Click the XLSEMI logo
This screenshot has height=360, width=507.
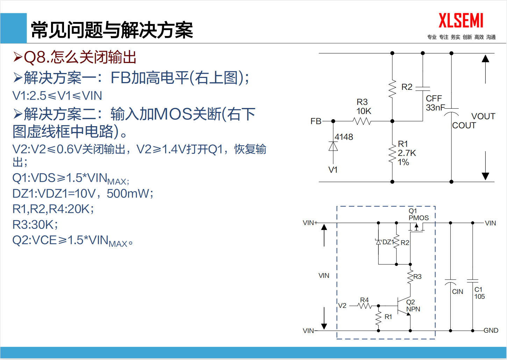(461, 21)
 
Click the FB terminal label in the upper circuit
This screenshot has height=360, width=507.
(316, 121)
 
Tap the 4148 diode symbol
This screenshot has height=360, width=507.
(333, 146)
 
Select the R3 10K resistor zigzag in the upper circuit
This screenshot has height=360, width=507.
(362, 121)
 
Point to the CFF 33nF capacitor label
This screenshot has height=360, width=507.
(435, 103)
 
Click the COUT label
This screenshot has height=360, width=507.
(464, 125)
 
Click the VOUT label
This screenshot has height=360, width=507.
(483, 116)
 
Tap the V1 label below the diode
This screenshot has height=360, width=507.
(333, 170)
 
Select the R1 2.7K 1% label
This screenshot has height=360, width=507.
(407, 153)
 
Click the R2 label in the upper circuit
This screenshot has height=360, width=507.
(407, 87)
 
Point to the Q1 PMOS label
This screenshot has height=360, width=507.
(418, 214)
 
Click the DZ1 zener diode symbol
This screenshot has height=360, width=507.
(378, 242)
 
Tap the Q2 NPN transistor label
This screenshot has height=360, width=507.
(413, 305)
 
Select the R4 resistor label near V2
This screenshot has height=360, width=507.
(364, 300)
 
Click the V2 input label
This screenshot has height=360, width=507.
(342, 306)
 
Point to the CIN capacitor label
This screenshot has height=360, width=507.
(457, 292)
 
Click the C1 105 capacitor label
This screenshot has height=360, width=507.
(479, 293)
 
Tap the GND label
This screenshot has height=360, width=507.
(491, 331)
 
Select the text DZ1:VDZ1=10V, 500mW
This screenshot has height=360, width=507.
(83, 193)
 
